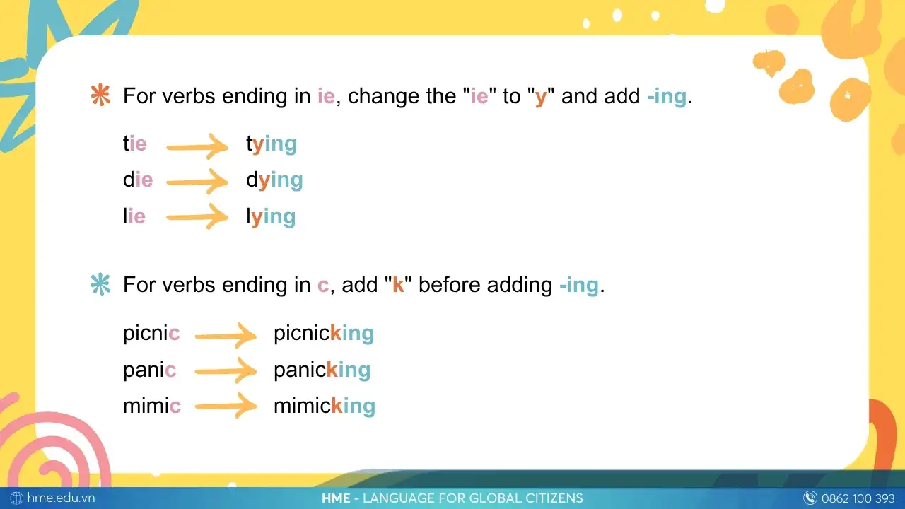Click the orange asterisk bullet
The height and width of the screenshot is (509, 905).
coord(100,95)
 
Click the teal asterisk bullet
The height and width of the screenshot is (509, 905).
coord(100,284)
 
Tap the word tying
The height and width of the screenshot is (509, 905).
coord(271,145)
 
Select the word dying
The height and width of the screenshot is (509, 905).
coord(274,180)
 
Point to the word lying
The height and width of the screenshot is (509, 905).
coord(271,217)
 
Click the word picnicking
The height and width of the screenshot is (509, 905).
coord(324,334)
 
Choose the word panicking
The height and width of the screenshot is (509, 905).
coord(322,370)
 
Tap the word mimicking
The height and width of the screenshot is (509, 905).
coord(325,406)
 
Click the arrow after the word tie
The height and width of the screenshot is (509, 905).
coord(197,146)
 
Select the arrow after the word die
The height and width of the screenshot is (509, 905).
coord(197,182)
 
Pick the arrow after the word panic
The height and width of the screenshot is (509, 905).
coord(226,370)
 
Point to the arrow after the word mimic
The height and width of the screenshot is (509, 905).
coord(226,406)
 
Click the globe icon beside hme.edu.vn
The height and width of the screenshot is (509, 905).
coord(16,498)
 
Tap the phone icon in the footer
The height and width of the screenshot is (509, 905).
coord(810,498)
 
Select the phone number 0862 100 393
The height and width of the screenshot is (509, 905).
coord(858,498)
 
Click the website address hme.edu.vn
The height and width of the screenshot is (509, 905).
coord(61,498)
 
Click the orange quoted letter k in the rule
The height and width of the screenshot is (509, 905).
coord(398,285)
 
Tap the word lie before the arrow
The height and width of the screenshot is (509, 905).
coord(134,216)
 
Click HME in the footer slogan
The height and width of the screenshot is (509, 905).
coord(336,498)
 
